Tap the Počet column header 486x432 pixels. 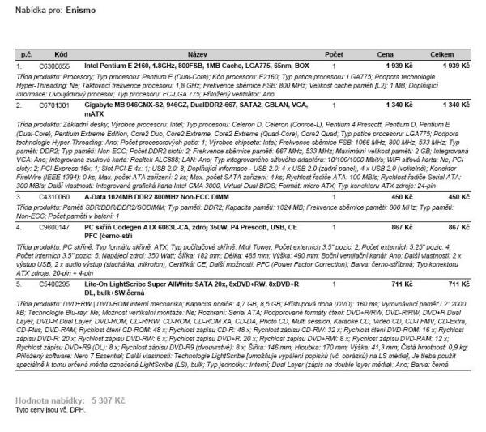pyautogui.click(x=333, y=53)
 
